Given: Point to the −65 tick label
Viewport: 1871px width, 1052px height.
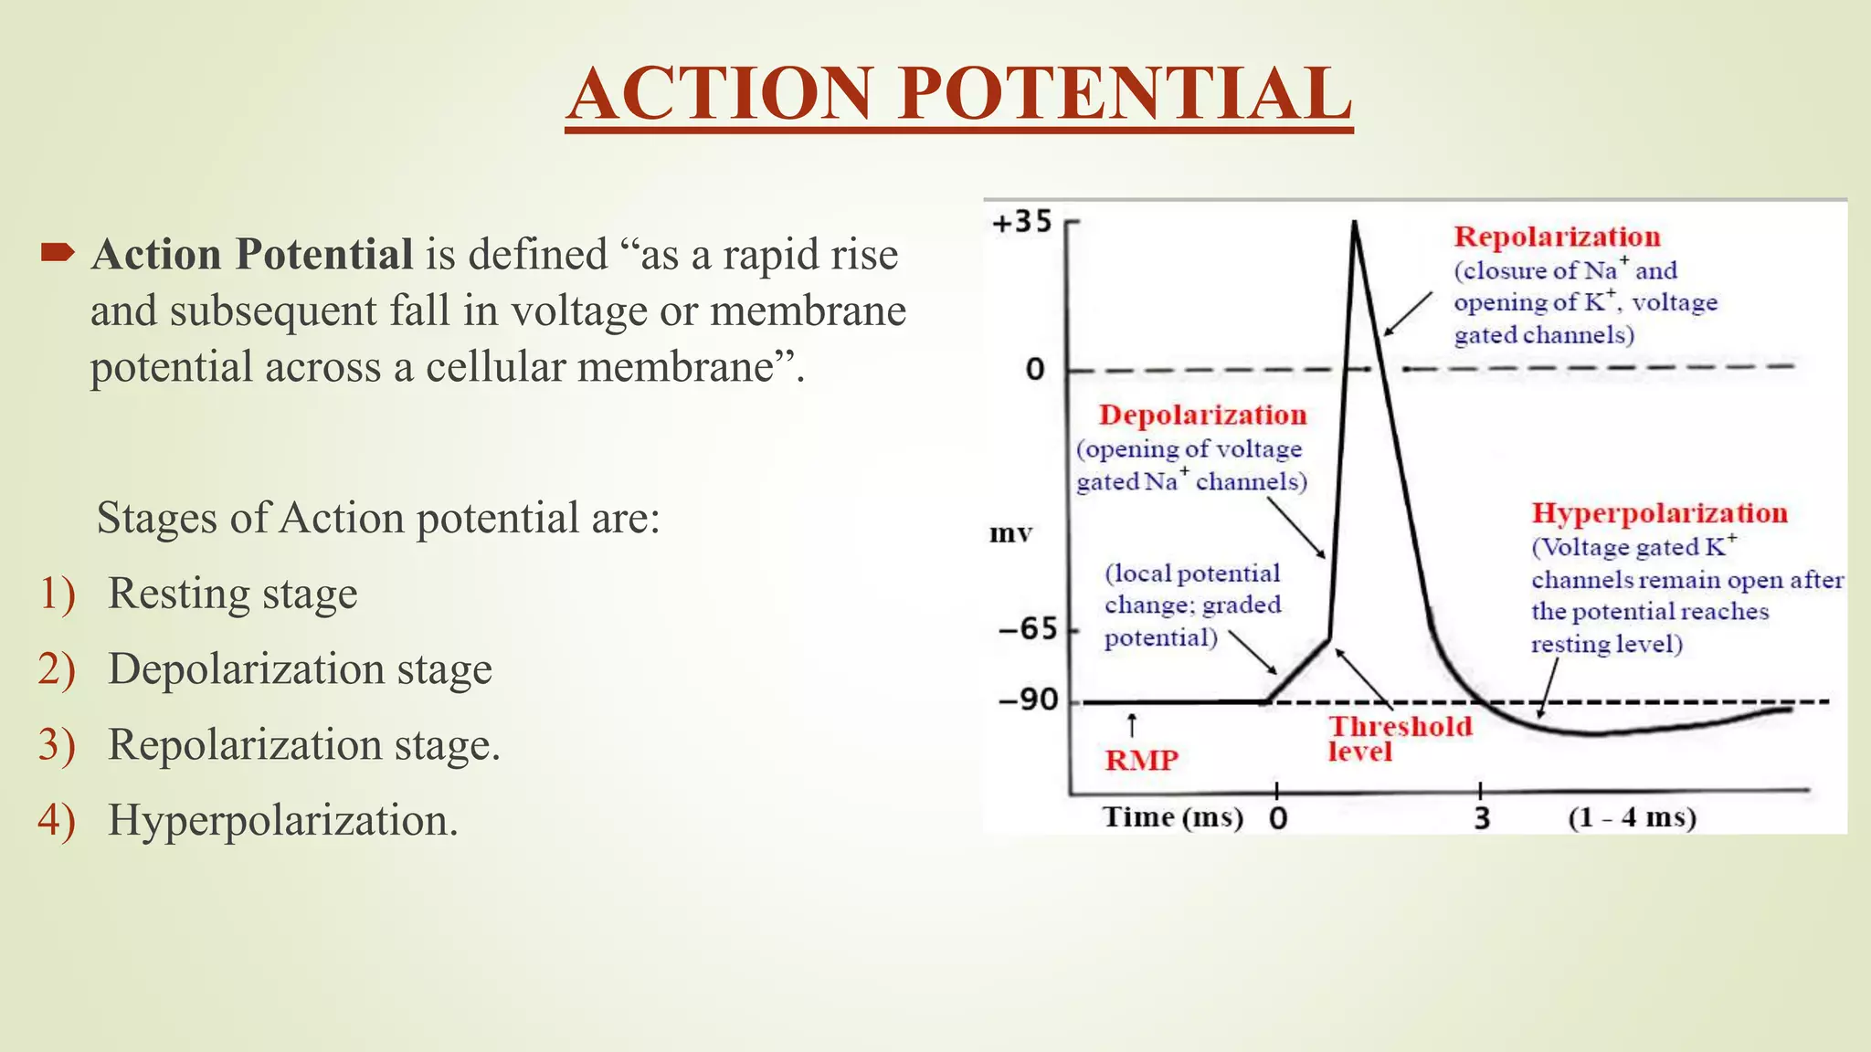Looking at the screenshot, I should click(1028, 628).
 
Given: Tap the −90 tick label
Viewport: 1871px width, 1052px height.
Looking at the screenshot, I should click(1028, 700).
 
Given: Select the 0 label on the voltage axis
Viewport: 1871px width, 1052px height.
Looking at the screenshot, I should click(1035, 370).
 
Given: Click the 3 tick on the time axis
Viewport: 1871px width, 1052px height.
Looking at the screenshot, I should click(1481, 817).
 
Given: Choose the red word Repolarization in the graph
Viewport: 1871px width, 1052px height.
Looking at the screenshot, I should click(1557, 237).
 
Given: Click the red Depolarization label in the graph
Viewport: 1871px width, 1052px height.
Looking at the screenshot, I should click(1202, 415).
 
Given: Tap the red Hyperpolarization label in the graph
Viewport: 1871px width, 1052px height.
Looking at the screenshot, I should click(1659, 513).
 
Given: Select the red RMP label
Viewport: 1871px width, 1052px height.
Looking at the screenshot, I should click(1141, 760).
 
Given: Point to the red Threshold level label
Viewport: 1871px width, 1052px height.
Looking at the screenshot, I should click(1398, 738).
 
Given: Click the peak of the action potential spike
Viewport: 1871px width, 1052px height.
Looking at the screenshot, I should click(1354, 223).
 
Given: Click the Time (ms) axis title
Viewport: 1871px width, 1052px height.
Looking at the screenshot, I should click(1173, 816).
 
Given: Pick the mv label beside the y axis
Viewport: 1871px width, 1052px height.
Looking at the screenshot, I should click(1010, 533).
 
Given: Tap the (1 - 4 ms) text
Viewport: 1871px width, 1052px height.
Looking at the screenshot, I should click(1632, 817).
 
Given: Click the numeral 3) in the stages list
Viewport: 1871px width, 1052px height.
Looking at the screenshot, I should click(56, 744).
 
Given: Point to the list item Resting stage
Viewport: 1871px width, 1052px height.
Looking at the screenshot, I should click(232, 594).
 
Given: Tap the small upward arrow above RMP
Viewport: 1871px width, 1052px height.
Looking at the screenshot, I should click(1132, 725).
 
